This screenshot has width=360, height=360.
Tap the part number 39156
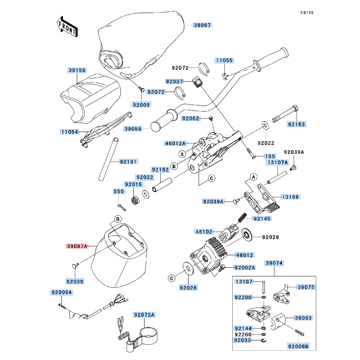[x=77, y=70]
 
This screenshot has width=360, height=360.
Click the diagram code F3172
[x=307, y=13]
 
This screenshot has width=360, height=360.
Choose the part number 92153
[x=296, y=124]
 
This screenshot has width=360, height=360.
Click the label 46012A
[x=175, y=144]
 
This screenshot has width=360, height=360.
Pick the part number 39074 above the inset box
[x=274, y=263]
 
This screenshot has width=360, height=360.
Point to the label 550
[x=119, y=191]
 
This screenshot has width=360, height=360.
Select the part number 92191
[x=128, y=162]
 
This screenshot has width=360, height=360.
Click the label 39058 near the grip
[x=133, y=128]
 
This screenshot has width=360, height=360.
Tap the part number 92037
[x=174, y=81]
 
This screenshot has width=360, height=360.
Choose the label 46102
[x=204, y=231]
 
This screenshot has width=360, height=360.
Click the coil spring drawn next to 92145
[x=241, y=218]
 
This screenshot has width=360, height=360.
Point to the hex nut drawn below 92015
[x=135, y=201]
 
